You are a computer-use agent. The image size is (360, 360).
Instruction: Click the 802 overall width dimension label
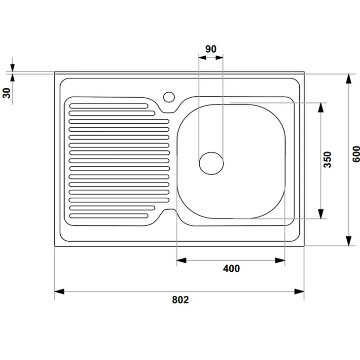pos(180,300)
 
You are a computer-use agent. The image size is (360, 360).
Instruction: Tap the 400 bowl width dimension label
pos(231,268)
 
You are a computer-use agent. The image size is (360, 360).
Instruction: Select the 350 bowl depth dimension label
pos(327,160)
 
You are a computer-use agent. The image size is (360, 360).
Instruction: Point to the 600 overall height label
pos(356,154)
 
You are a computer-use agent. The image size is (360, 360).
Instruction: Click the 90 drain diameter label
pos(211,49)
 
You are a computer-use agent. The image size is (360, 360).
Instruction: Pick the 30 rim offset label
pos(7,93)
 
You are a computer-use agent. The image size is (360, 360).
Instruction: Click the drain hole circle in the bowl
pos(211,163)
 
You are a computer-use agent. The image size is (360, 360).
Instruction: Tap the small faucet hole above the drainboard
pos(169,97)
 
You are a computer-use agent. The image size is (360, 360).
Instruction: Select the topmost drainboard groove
pos(109,106)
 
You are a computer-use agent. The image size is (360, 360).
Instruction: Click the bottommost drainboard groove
pos(109,216)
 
